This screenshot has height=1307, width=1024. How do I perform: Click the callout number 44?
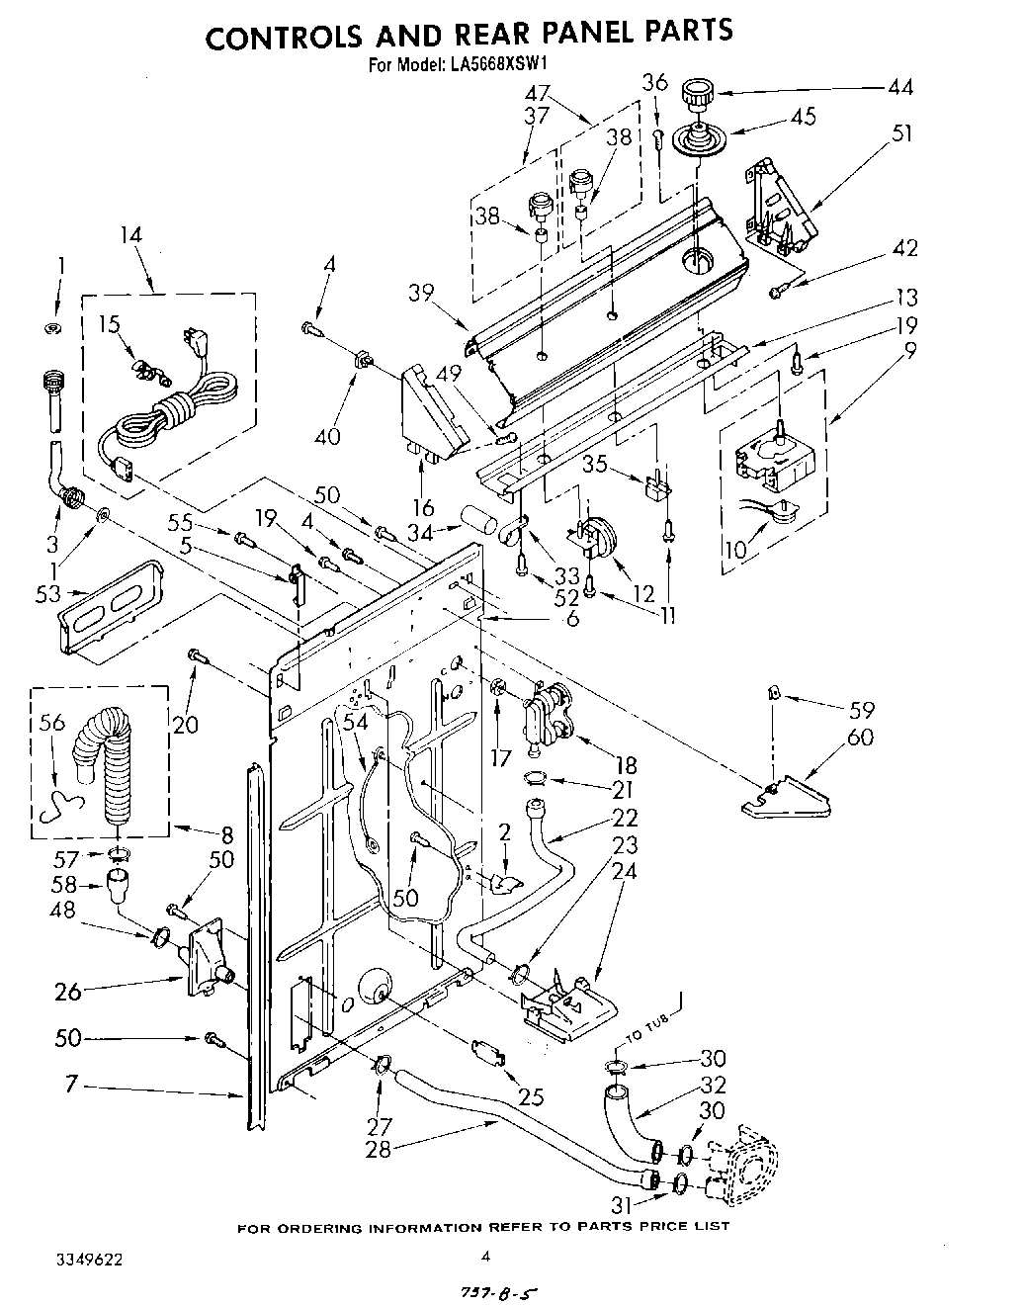coord(900,88)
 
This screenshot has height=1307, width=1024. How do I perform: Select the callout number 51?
coord(901,133)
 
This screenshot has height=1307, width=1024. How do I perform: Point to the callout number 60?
coord(861,739)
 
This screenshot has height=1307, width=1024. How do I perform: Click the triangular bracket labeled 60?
coord(787,800)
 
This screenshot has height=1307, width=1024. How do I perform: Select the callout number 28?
coord(379,1150)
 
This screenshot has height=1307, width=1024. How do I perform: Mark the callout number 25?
coord(532,1095)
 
